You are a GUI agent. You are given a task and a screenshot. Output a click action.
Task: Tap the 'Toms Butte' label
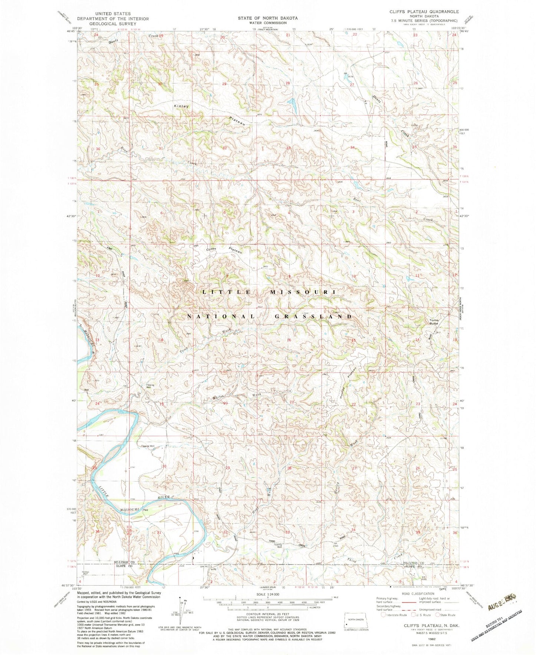coord(434,321)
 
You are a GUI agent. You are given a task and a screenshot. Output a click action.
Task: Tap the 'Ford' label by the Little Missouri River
coord(146,510)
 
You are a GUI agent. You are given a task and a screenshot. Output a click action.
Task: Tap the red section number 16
coord(288,340)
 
